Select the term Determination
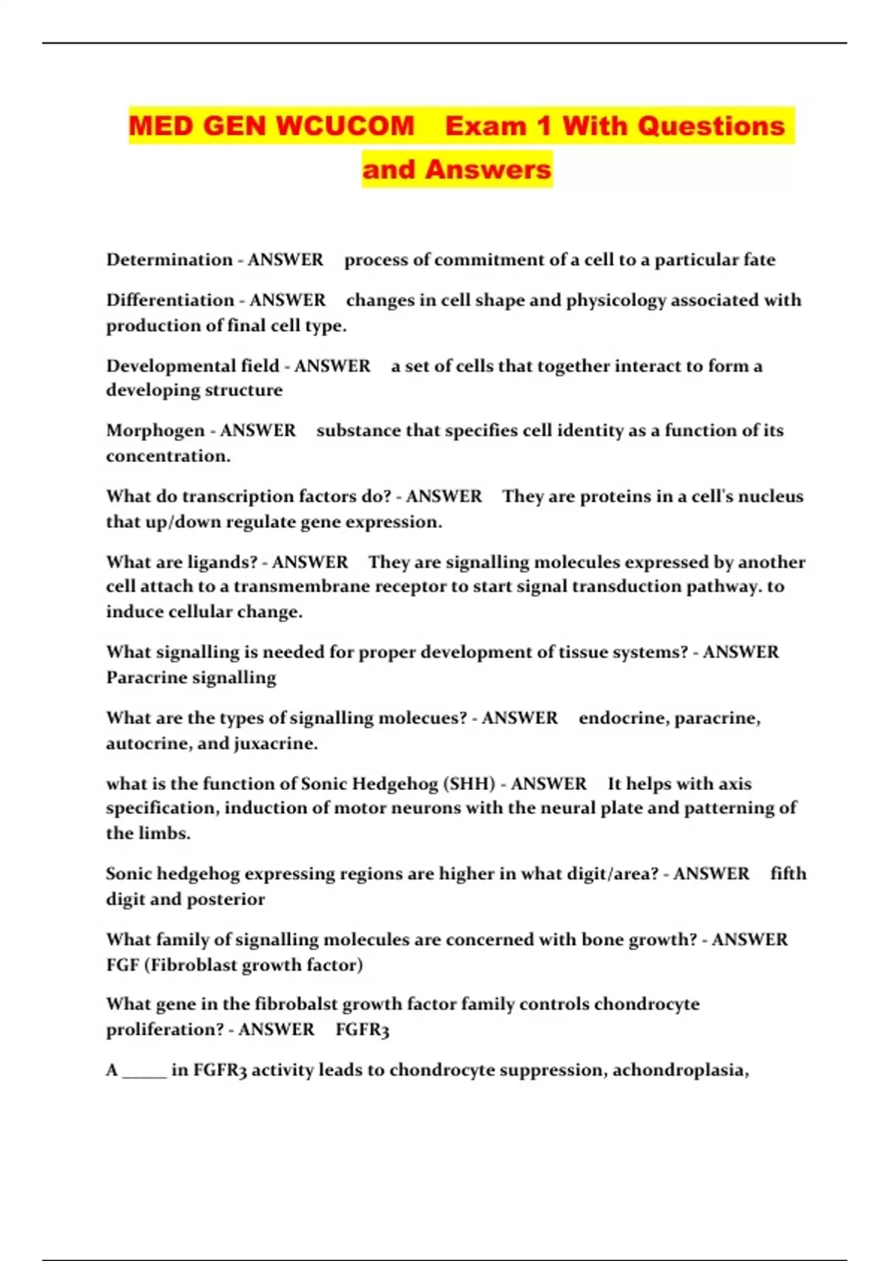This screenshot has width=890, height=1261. tap(169, 260)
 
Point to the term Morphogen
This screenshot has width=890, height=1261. tap(155, 430)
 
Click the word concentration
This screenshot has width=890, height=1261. tap(166, 455)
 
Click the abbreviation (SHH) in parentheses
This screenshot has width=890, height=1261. tap(469, 783)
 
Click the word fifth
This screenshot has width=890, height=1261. tap(788, 873)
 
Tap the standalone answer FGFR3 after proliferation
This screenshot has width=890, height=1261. tap(362, 1030)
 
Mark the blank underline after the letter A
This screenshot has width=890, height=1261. tap(144, 1071)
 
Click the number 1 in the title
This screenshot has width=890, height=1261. tap(544, 125)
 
